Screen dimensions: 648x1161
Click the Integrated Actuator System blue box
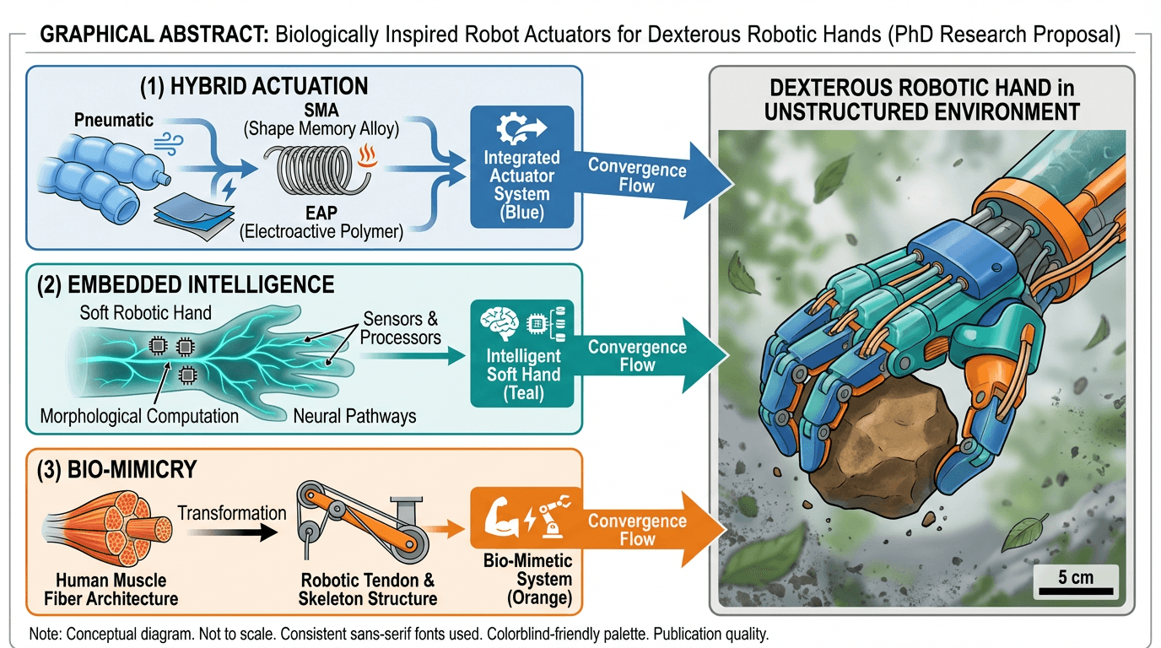pyautogui.click(x=521, y=166)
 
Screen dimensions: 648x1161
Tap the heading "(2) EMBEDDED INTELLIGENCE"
pyautogui.click(x=185, y=283)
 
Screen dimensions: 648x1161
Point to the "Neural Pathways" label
pyautogui.click(x=354, y=416)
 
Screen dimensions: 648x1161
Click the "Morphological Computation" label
pyautogui.click(x=139, y=416)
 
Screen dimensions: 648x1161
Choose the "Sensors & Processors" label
pyautogui.click(x=401, y=328)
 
